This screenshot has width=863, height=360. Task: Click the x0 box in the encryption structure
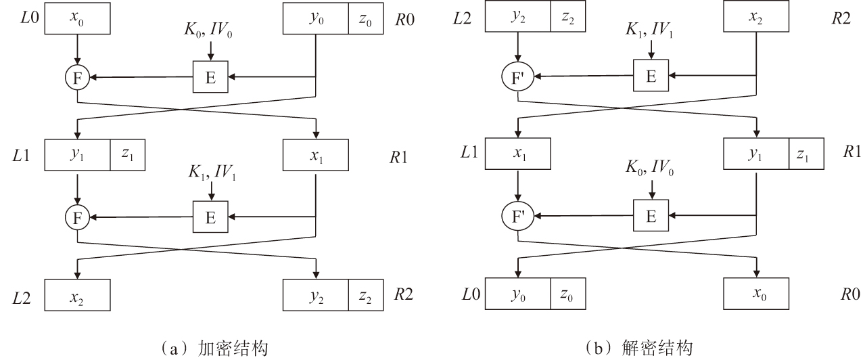point(78,19)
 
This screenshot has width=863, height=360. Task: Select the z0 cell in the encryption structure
point(365,19)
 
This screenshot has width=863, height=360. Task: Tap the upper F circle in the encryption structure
point(77,78)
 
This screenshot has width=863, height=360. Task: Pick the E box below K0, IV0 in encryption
point(210,78)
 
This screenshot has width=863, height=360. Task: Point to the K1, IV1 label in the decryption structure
point(651,31)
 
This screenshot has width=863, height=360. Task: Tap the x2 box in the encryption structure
point(78,296)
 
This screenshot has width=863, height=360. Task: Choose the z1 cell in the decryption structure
point(806,155)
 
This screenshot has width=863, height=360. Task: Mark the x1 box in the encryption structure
point(315,155)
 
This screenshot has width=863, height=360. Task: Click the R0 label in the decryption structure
point(851,296)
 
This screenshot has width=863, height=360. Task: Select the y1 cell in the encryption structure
point(77,155)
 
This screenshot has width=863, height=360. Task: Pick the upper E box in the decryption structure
point(651,76)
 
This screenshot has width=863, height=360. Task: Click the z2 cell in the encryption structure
point(365,296)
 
